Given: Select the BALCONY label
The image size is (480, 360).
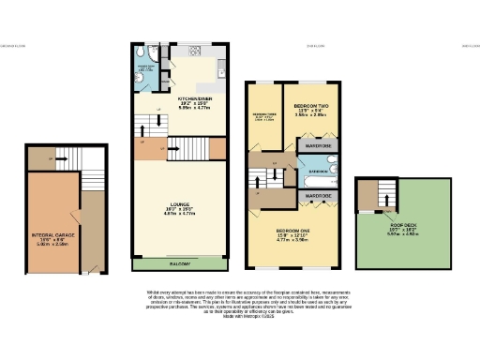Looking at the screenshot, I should click(x=179, y=263).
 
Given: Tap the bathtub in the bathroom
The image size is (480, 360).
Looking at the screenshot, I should click(x=316, y=176).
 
